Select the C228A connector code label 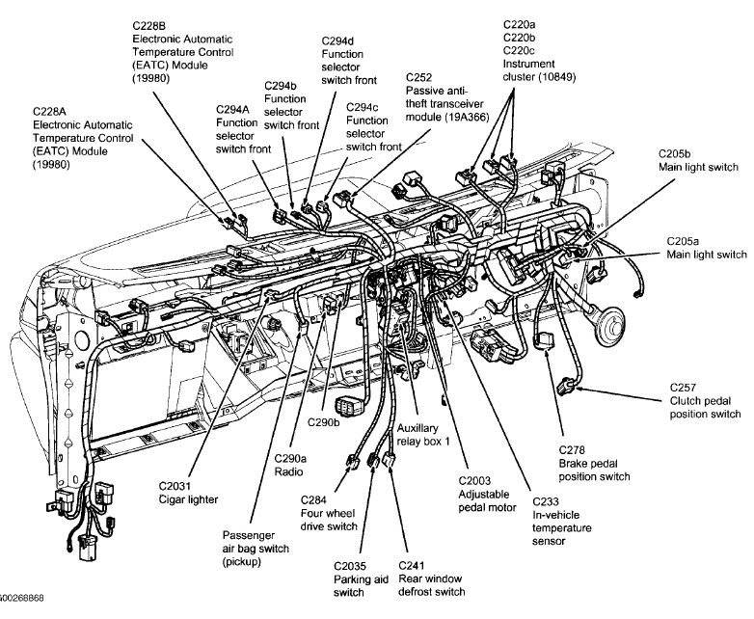pos(53,111)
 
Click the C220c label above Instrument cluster pos(522,49)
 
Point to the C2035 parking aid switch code pos(352,566)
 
